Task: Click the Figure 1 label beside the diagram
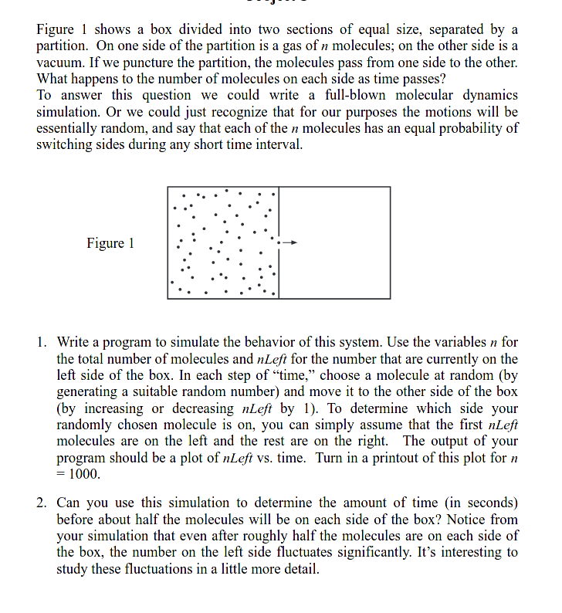[110, 243]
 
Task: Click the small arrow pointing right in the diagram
[290, 242]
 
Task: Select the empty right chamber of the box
[334, 242]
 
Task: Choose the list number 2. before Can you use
[43, 503]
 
